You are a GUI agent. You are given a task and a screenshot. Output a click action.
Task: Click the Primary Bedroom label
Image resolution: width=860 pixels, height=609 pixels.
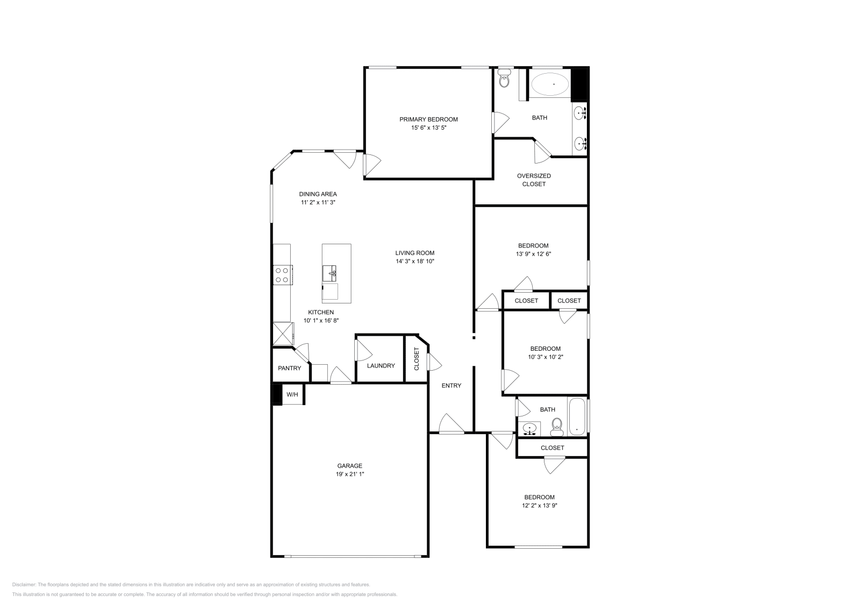pyautogui.click(x=428, y=119)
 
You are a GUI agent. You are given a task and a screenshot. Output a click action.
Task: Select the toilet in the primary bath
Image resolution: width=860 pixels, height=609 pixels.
pyautogui.click(x=504, y=80)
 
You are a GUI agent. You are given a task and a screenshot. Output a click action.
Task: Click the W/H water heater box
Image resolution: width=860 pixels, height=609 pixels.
pyautogui.click(x=292, y=394)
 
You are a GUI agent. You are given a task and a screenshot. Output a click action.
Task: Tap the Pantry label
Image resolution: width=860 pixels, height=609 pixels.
pyautogui.click(x=289, y=369)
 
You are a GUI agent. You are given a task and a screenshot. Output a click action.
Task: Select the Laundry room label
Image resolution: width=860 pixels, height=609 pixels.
pyautogui.click(x=381, y=366)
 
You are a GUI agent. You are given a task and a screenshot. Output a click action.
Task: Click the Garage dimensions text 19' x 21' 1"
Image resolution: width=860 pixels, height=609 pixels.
pyautogui.click(x=349, y=475)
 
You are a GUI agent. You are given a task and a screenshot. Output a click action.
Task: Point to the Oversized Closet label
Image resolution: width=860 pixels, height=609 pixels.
pyautogui.click(x=534, y=180)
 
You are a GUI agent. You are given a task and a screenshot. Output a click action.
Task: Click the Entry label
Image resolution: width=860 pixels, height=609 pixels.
pyautogui.click(x=451, y=386)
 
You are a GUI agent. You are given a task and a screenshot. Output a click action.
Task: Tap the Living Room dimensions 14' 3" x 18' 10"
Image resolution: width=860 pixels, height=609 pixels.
pyautogui.click(x=414, y=261)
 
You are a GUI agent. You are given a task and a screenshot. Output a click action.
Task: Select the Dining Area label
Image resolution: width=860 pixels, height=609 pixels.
pyautogui.click(x=318, y=194)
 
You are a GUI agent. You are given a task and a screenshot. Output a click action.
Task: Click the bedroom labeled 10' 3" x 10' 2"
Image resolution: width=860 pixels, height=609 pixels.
pyautogui.click(x=545, y=352)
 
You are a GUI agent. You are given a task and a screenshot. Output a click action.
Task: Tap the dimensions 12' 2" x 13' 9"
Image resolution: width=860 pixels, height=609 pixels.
pyautogui.click(x=539, y=506)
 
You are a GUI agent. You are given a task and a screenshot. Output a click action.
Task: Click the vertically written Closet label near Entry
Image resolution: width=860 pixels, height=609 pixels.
pyautogui.click(x=417, y=359)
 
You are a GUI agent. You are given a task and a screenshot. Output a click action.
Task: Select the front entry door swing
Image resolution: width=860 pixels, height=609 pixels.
pyautogui.click(x=450, y=425)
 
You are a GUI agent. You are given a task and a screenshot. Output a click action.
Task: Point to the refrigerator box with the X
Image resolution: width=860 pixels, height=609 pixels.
pyautogui.click(x=283, y=334)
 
